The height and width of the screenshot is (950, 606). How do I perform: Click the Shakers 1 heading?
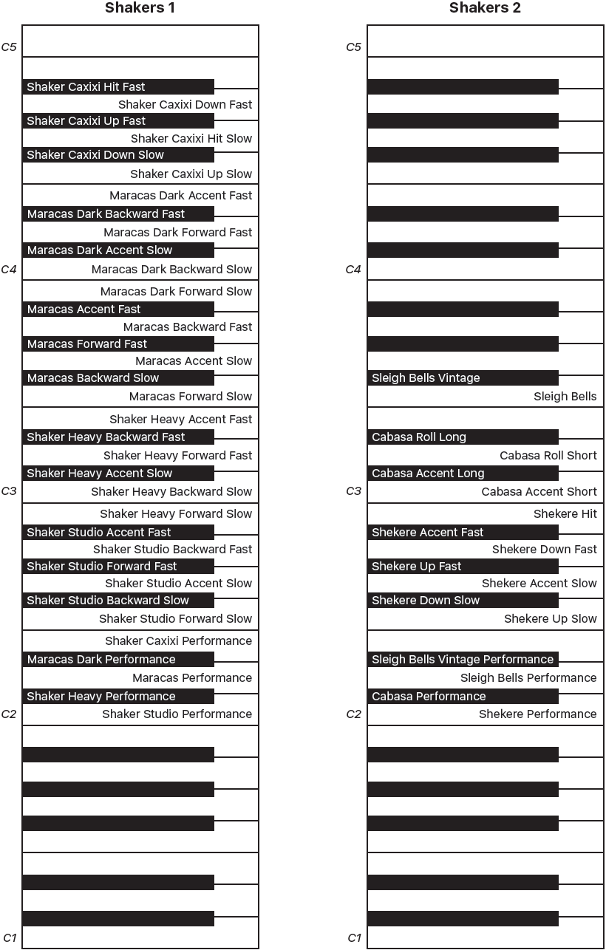click(140, 9)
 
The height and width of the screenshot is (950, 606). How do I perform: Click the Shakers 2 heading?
click(485, 9)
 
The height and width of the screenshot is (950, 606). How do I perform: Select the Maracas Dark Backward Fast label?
click(106, 214)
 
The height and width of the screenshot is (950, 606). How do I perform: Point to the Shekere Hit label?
click(565, 514)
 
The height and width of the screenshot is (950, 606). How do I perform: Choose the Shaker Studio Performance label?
click(177, 714)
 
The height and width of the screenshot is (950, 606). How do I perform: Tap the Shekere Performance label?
click(537, 714)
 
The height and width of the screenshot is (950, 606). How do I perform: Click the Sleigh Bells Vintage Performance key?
click(463, 660)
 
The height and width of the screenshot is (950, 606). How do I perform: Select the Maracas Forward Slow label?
click(191, 397)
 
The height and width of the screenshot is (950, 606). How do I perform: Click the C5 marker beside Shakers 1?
click(9, 47)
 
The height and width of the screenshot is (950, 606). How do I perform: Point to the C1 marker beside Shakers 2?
click(354, 938)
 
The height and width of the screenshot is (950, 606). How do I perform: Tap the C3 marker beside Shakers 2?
click(353, 491)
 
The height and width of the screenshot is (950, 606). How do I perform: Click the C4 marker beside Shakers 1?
click(9, 270)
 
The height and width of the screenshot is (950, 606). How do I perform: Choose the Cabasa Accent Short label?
click(539, 492)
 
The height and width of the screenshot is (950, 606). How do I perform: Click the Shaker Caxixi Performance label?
click(178, 641)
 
